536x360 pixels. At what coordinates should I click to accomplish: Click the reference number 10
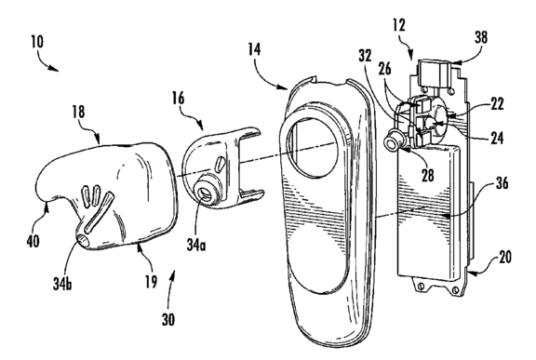pyautogui.click(x=37, y=42)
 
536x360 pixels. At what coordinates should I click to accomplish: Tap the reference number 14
pyautogui.click(x=254, y=49)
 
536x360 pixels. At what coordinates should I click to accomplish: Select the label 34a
pyautogui.click(x=196, y=245)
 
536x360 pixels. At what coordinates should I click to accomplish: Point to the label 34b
pyautogui.click(x=62, y=284)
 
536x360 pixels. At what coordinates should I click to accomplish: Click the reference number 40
pyautogui.click(x=33, y=241)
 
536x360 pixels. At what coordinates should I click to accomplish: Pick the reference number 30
pyautogui.click(x=168, y=320)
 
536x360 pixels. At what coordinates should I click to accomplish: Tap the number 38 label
pyautogui.click(x=480, y=37)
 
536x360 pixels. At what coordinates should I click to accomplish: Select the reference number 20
pyautogui.click(x=505, y=257)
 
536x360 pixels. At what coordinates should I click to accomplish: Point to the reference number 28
pyautogui.click(x=427, y=175)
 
